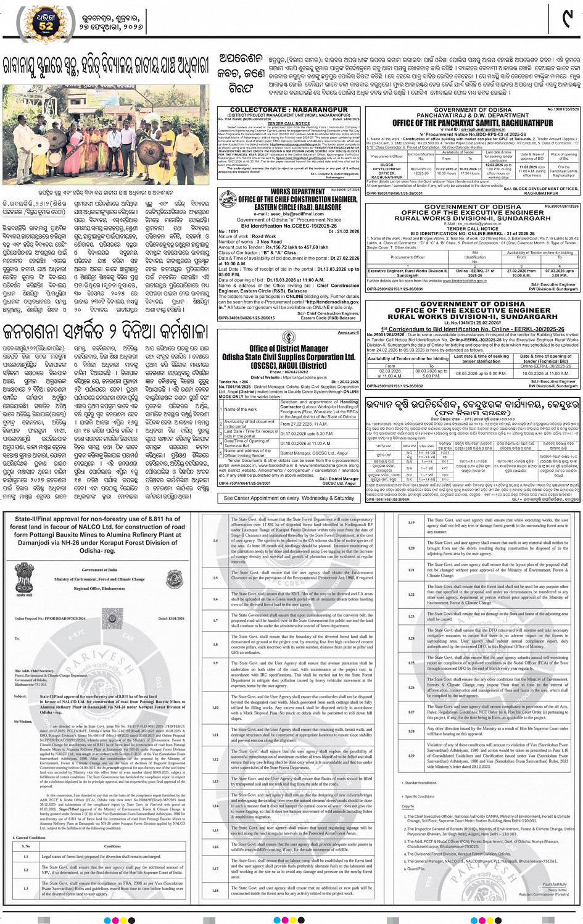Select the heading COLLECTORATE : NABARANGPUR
click(x=288, y=110)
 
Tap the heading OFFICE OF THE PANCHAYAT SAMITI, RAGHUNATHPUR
click(x=472, y=123)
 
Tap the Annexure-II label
click(x=349, y=332)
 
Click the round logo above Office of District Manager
click(x=288, y=337)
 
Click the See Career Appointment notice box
click(x=288, y=498)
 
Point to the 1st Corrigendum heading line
click(x=472, y=329)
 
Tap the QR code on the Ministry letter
click(x=112, y=617)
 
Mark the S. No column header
click(x=26, y=846)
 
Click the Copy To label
click(x=408, y=806)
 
